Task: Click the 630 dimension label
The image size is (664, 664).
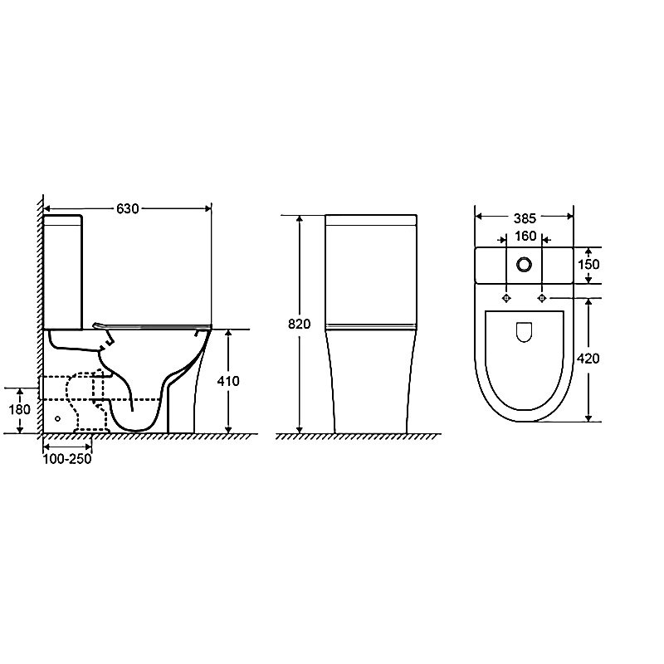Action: (128, 209)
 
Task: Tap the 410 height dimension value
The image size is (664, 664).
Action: (228, 381)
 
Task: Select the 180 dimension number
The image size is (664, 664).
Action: (19, 409)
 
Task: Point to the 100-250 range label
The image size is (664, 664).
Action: (67, 459)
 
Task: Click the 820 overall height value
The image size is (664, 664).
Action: (300, 324)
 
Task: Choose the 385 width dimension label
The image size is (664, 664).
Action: (525, 218)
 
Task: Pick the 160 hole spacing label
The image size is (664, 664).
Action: (525, 237)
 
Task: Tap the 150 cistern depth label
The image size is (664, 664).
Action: (588, 264)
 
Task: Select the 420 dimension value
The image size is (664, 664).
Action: (588, 359)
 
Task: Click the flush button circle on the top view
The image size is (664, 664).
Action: (525, 265)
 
